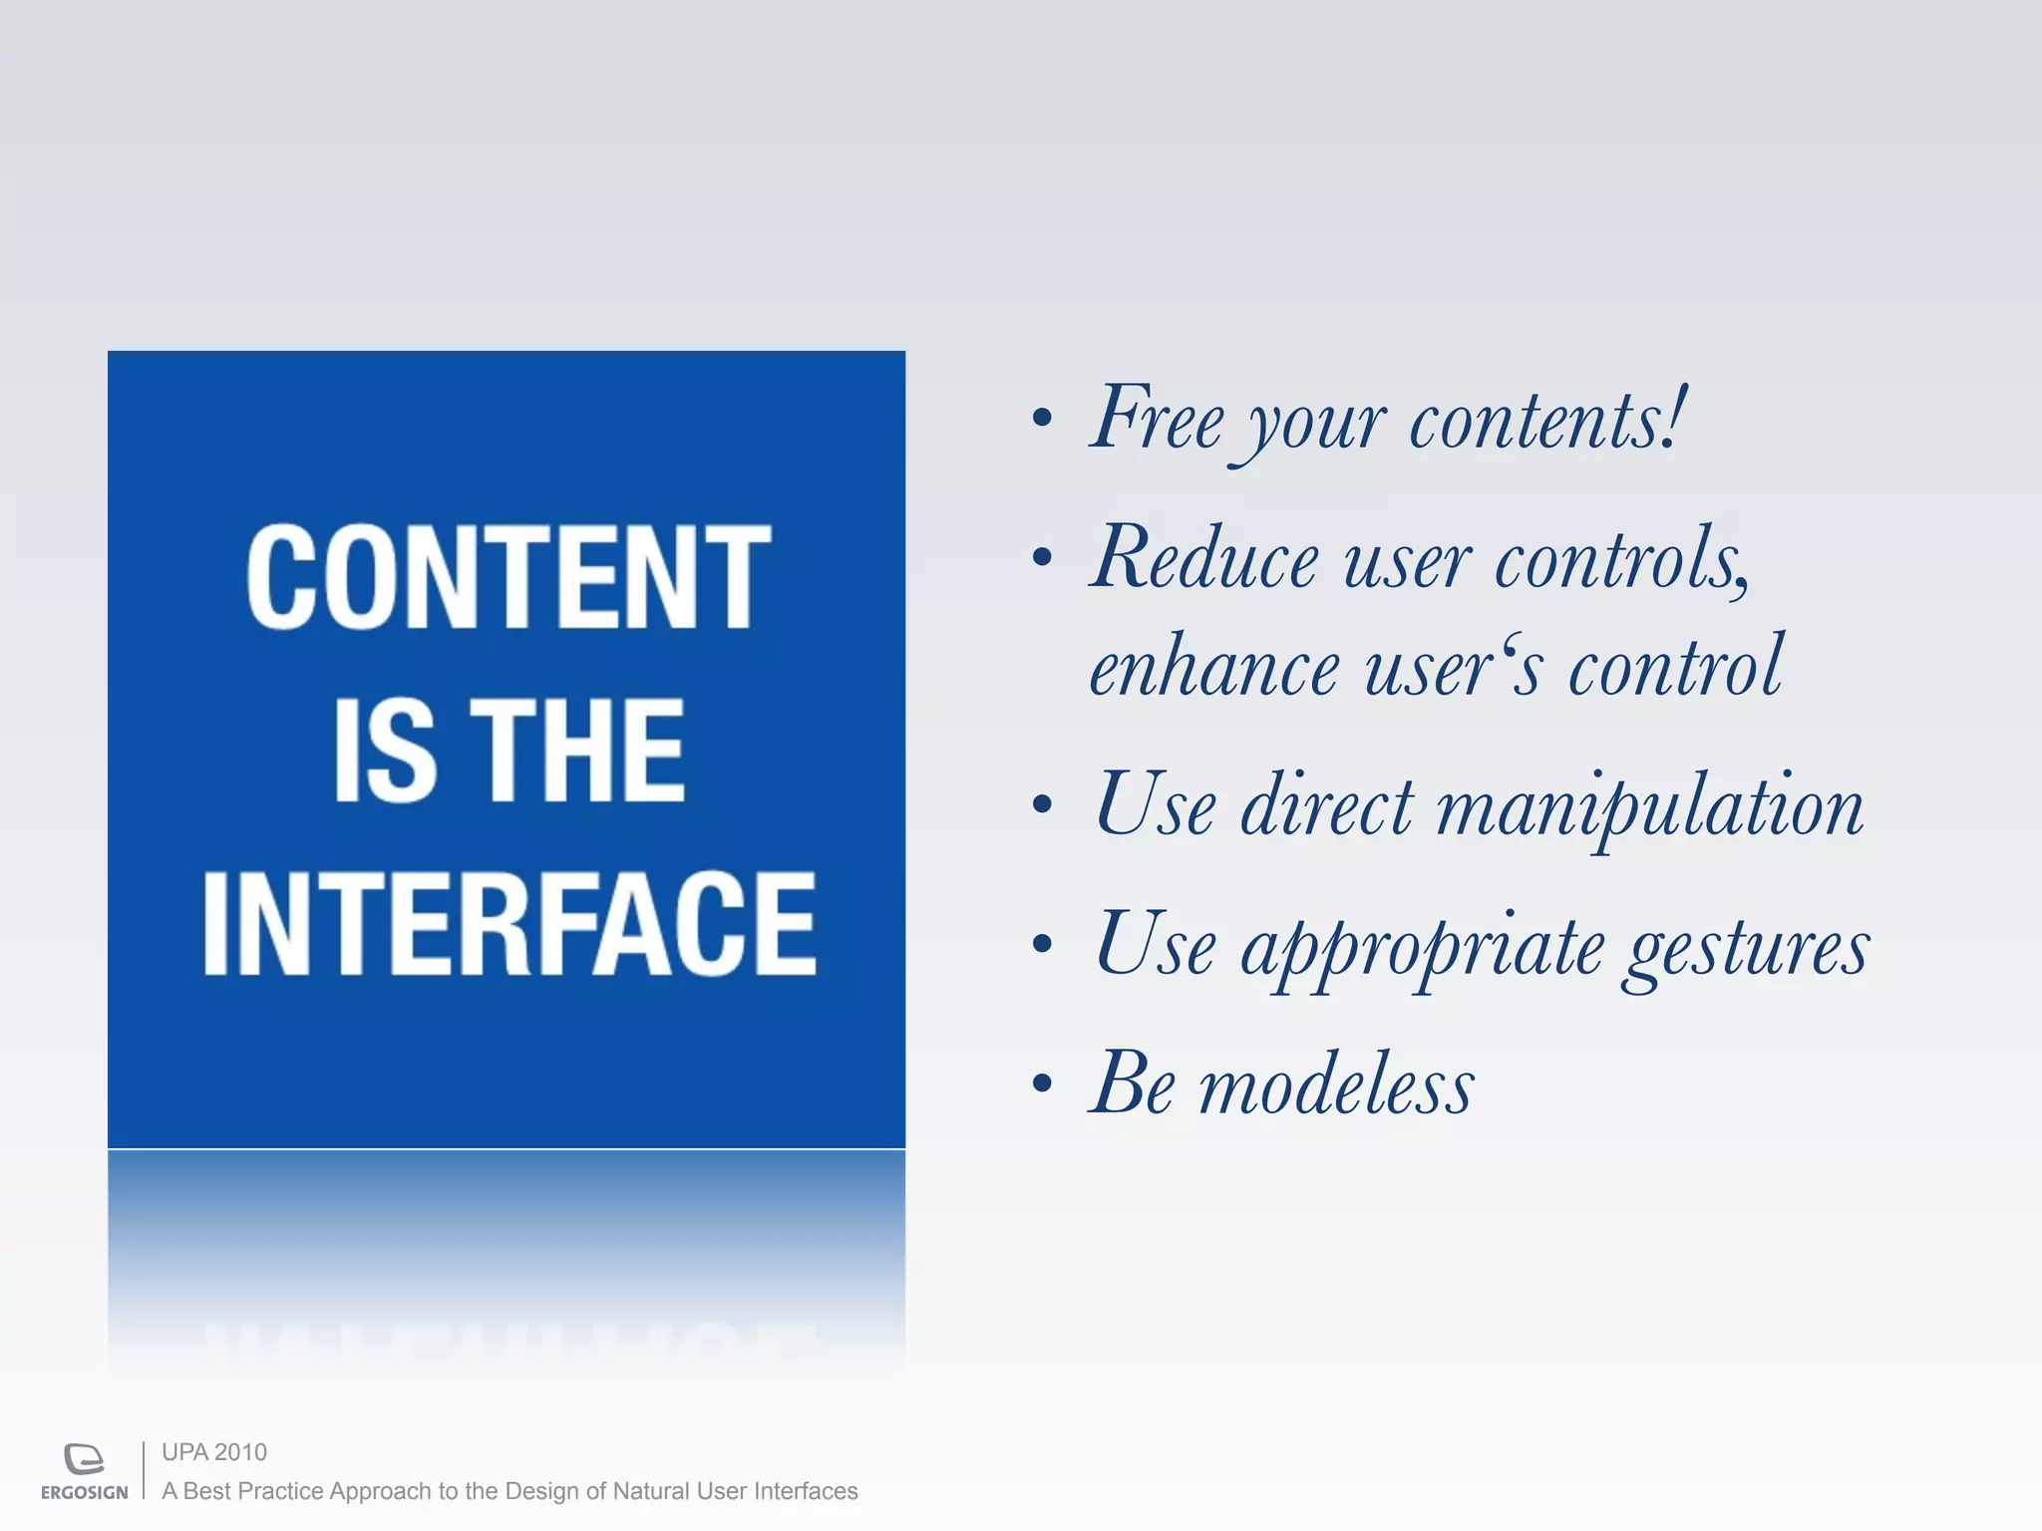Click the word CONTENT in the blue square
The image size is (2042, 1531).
(509, 578)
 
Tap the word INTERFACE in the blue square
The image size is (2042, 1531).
(509, 922)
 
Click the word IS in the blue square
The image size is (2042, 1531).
(384, 750)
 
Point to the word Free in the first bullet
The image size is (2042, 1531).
(1157, 419)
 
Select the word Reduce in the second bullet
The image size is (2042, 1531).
(1204, 558)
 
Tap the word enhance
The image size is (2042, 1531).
(1213, 668)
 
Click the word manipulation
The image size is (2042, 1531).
(1649, 807)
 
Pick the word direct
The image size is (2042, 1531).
(1326, 805)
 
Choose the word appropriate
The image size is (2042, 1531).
(1421, 947)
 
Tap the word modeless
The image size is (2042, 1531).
(1336, 1086)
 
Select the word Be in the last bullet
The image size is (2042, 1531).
(1133, 1084)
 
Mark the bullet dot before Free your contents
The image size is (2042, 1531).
(1042, 418)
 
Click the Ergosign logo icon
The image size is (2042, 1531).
(84, 1458)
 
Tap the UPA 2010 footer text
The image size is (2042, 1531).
(214, 1452)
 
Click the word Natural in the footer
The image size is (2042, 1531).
(650, 1491)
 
